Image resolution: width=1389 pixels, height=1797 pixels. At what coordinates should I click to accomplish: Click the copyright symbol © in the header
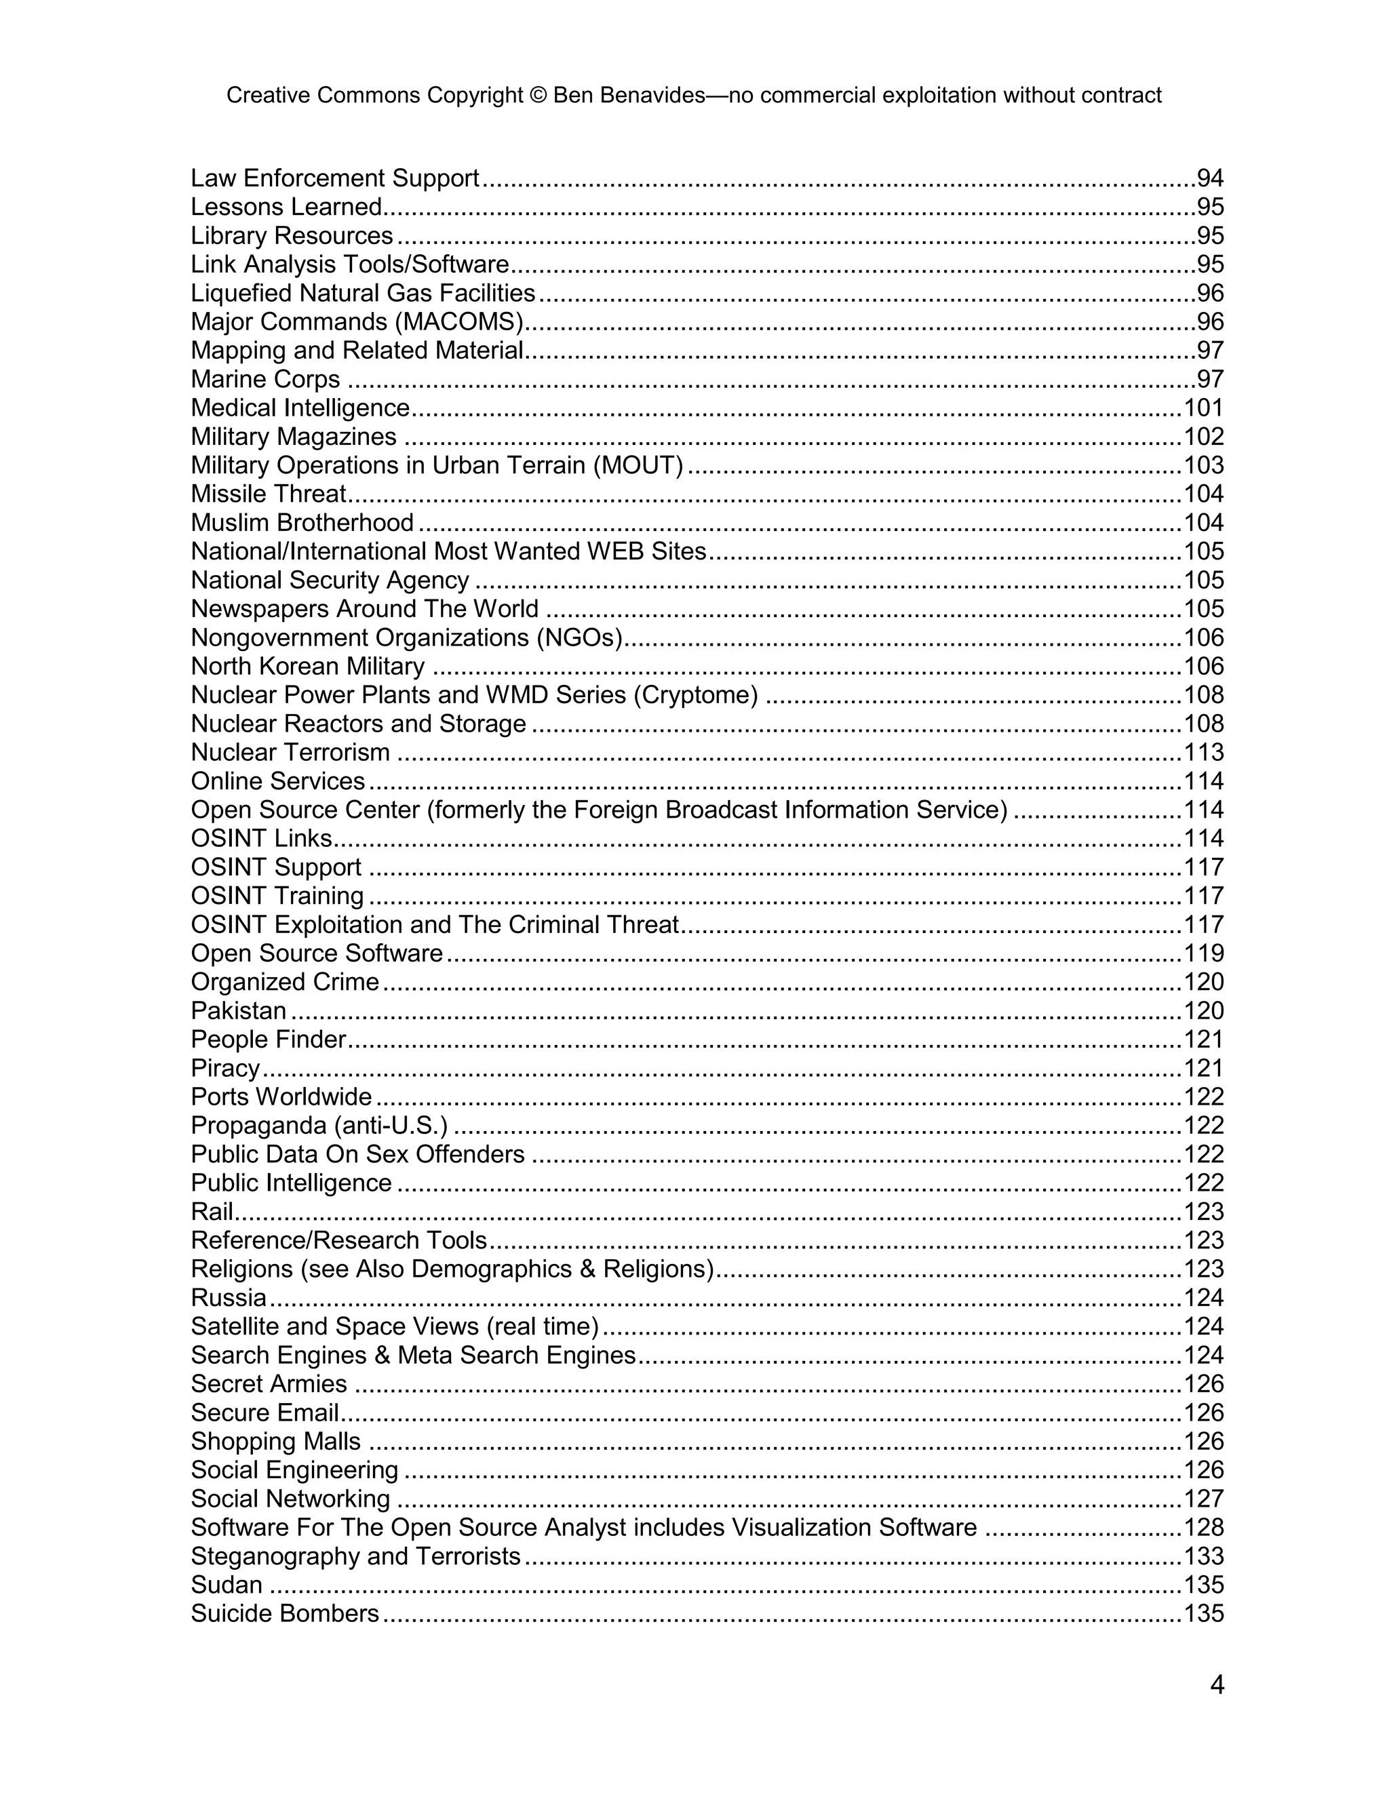(x=538, y=96)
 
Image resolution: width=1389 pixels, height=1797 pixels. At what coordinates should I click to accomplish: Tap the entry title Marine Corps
(x=265, y=379)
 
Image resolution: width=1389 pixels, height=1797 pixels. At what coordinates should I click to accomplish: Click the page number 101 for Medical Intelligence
(x=1203, y=408)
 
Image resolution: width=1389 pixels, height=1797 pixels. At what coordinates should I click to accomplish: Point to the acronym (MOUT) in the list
(x=638, y=466)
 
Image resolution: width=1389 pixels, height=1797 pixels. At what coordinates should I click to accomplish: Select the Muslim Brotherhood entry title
(x=302, y=522)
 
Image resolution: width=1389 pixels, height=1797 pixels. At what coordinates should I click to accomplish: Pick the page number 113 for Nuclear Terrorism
(x=1203, y=752)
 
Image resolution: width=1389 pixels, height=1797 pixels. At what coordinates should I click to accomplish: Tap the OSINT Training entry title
(x=277, y=896)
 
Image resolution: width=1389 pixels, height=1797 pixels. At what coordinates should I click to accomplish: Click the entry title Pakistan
(x=239, y=1010)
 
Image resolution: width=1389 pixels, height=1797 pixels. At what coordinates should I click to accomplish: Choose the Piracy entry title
(x=225, y=1069)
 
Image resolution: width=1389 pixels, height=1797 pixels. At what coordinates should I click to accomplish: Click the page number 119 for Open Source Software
(x=1203, y=953)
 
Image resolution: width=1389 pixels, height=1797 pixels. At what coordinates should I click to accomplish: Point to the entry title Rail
(x=212, y=1212)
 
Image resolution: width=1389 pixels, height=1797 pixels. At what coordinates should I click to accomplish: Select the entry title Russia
(x=229, y=1297)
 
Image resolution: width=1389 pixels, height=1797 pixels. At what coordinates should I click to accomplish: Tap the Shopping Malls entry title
(x=275, y=1442)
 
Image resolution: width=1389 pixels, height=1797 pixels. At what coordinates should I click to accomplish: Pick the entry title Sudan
(x=227, y=1585)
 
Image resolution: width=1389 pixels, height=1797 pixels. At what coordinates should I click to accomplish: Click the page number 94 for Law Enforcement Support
(x=1210, y=178)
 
